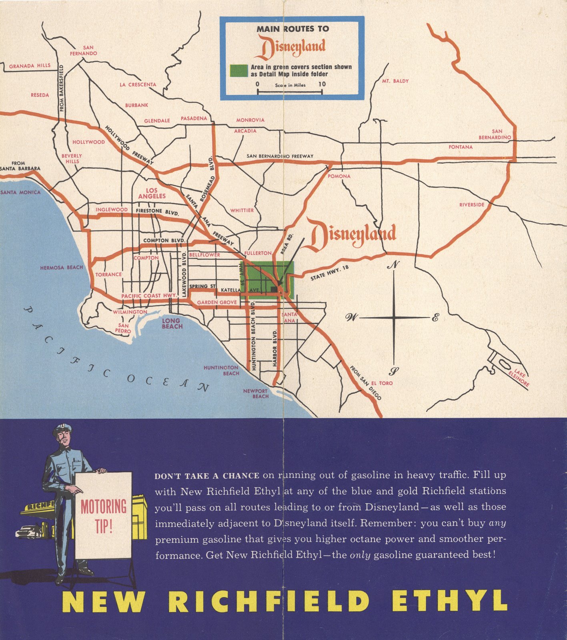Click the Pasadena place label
(194, 119)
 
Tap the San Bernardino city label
(495, 134)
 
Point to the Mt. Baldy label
(395, 81)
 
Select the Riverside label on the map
(472, 205)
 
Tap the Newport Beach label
(256, 394)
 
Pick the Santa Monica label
(20, 192)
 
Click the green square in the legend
(239, 71)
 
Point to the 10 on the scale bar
(322, 84)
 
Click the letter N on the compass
(395, 264)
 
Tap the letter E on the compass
(435, 318)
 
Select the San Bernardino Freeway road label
(280, 156)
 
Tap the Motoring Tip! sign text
(103, 516)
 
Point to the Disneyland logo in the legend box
(291, 48)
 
